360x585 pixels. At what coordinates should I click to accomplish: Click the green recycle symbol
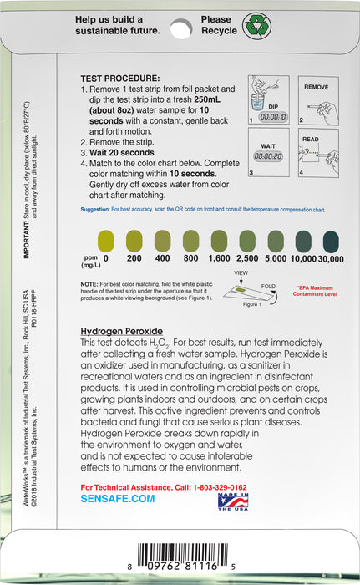coord(256,24)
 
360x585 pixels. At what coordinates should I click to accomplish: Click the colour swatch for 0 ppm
coord(105,242)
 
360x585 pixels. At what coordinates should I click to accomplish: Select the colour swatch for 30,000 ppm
coord(332,242)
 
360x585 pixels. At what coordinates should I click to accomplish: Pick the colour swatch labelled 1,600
coord(219,242)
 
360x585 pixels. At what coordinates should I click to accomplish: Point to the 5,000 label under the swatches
coord(275,259)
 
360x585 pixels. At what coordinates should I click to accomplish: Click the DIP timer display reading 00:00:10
coord(268,118)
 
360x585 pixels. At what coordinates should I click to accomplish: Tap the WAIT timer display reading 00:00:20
coord(268,156)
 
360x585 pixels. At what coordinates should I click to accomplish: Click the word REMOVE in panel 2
coord(315,87)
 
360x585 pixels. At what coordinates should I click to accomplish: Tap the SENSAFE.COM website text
coord(118,498)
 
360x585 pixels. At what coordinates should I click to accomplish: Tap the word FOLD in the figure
coord(268,285)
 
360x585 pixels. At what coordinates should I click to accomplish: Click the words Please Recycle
coord(218,25)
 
